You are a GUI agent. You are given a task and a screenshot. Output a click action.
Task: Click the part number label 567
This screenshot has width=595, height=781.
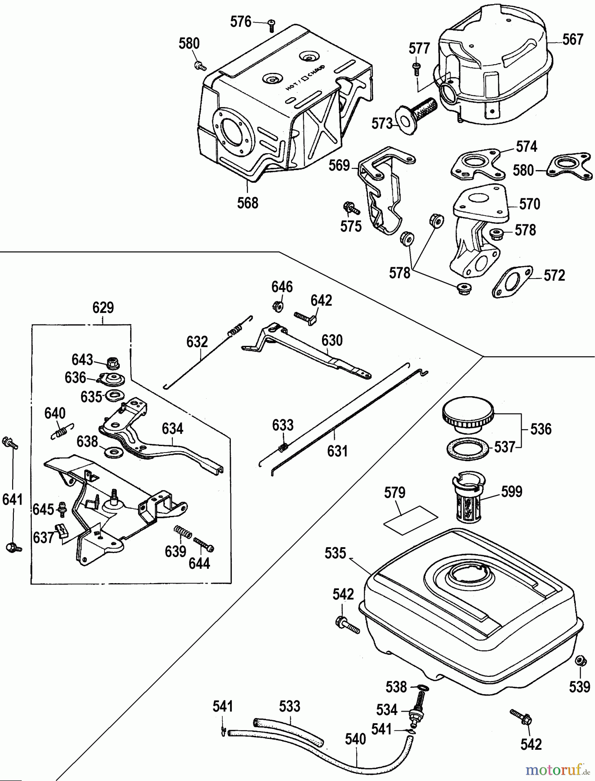[573, 40]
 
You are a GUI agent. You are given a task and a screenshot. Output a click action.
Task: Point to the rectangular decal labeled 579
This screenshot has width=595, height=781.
[411, 518]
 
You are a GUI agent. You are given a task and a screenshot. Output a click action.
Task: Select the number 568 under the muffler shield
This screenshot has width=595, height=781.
[248, 203]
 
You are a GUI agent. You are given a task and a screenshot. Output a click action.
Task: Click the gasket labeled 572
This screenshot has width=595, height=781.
[513, 282]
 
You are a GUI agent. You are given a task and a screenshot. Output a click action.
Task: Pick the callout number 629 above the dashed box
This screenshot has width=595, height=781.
[103, 308]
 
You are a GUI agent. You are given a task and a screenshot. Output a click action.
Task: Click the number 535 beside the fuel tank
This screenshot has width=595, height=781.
[335, 553]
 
